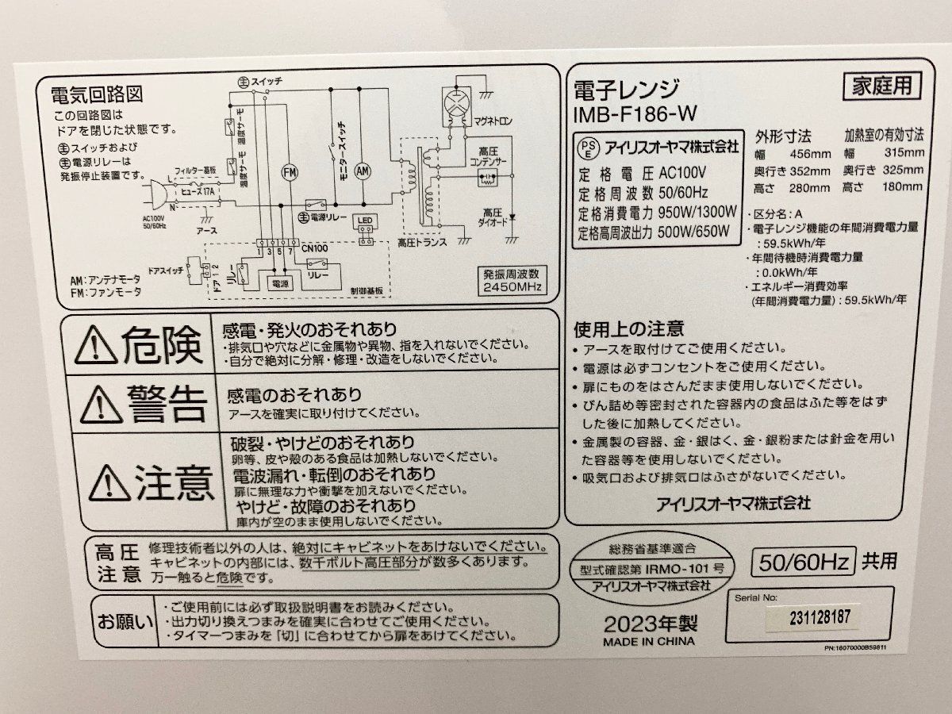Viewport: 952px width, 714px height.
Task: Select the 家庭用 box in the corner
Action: pyautogui.click(x=881, y=85)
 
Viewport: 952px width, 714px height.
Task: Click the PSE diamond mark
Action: pyautogui.click(x=589, y=148)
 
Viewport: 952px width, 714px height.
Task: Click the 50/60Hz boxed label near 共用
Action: pyautogui.click(x=803, y=562)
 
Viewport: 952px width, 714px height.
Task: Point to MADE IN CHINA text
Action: pyautogui.click(x=648, y=641)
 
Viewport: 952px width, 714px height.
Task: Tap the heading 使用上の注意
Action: pyautogui.click(x=628, y=328)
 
